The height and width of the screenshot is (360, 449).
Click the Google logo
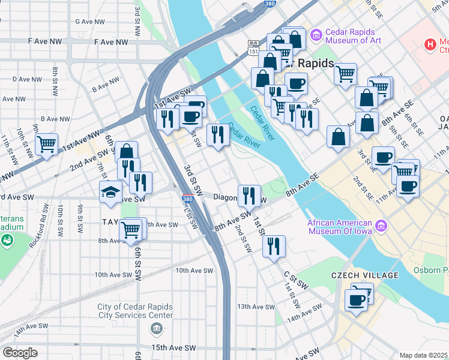tap(20, 352)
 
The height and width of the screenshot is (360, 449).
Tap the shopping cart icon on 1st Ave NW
tap(46, 145)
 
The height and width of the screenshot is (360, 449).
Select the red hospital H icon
tap(430, 44)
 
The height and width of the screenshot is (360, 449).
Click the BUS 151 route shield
tap(254, 49)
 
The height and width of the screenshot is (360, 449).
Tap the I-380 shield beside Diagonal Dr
tap(187, 199)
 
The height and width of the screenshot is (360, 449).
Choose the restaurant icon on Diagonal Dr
tap(249, 195)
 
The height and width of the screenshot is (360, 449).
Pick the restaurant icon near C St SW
tap(273, 245)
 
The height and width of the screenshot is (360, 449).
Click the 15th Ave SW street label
tap(173, 348)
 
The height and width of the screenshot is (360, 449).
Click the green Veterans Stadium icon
tap(7, 241)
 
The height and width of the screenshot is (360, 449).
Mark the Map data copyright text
tap(424, 355)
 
